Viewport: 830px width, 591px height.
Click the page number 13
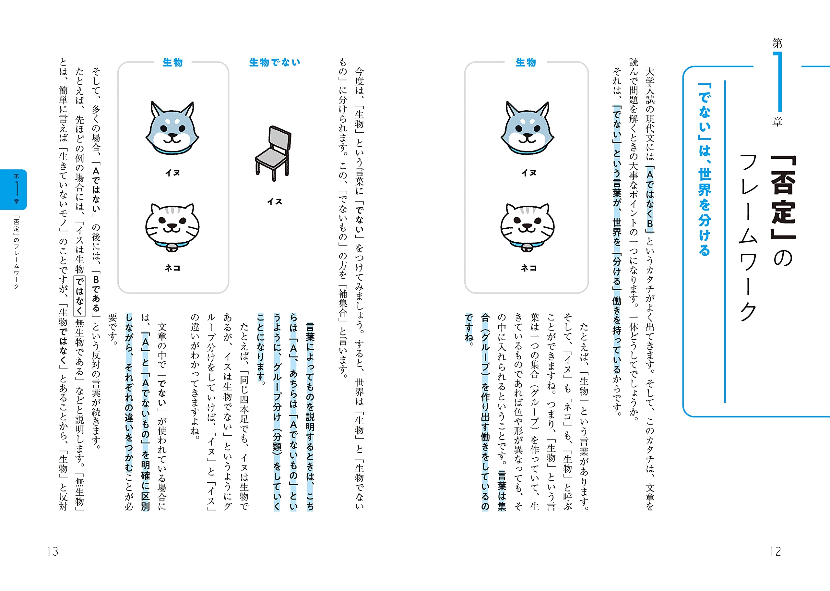coord(53,551)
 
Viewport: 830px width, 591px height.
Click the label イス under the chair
coord(275,202)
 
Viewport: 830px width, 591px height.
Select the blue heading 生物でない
coord(275,63)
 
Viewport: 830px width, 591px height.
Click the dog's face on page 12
coord(528,127)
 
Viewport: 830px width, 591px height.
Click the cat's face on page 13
coord(172,226)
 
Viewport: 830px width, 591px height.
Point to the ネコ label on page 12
coord(528,268)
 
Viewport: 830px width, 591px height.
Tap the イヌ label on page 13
coord(172,173)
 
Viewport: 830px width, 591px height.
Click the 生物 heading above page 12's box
coord(526,63)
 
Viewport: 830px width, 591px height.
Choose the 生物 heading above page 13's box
coord(173,63)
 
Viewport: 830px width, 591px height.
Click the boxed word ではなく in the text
coord(80,296)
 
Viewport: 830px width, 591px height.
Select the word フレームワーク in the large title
coord(749,236)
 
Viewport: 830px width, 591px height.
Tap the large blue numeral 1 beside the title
coord(778,82)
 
